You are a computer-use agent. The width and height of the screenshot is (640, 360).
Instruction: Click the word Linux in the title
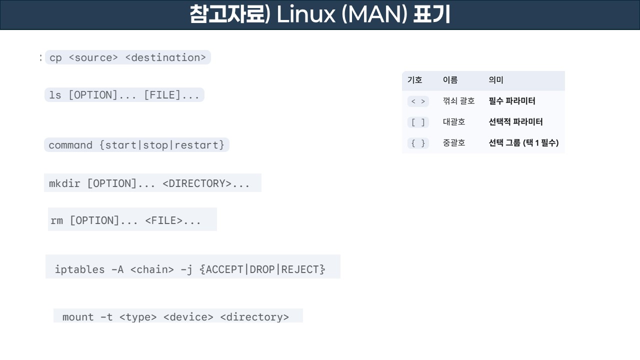point(305,15)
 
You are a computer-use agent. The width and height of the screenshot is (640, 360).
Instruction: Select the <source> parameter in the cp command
point(93,57)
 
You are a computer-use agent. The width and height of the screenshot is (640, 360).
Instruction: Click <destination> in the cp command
point(165,57)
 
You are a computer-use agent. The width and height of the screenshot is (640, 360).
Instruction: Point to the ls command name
point(55,95)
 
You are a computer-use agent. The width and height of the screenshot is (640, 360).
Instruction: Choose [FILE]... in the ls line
point(171,95)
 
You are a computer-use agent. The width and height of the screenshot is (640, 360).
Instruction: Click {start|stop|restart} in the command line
point(162,145)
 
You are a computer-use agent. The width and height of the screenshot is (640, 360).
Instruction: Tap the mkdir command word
point(64,183)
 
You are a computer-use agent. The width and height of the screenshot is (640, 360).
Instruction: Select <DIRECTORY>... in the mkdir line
point(206,183)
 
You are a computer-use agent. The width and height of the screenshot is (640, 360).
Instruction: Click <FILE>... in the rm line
point(173,220)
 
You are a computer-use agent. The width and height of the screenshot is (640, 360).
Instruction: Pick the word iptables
point(79,269)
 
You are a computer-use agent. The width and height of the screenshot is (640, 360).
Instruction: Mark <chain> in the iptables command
point(152,269)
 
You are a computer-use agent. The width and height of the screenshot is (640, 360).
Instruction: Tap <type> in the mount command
point(138,317)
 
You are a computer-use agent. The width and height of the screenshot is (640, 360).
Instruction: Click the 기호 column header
point(415,80)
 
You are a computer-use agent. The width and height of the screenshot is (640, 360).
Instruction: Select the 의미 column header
point(496,80)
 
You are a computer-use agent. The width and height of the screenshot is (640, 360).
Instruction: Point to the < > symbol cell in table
point(418,101)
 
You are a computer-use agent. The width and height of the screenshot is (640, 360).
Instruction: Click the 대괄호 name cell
point(454,122)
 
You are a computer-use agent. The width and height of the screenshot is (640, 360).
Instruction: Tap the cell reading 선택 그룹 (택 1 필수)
point(523,143)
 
